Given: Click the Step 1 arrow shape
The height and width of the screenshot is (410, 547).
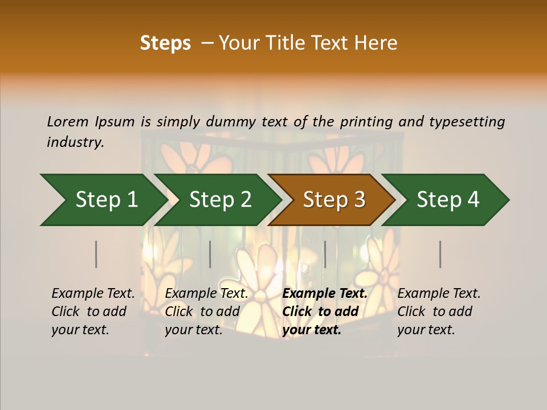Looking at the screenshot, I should (103, 200).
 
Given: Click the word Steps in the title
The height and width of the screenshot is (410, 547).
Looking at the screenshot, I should (165, 43).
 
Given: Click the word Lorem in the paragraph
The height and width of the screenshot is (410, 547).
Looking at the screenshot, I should (68, 122).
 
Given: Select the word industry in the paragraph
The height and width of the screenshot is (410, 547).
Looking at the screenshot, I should (75, 142).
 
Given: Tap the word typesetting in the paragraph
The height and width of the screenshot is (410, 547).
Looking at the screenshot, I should (467, 122).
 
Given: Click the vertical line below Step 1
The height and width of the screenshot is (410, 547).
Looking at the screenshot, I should (96, 254).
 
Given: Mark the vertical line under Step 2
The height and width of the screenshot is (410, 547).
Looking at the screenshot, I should (210, 254).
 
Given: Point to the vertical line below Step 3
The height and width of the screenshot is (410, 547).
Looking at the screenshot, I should (325, 254).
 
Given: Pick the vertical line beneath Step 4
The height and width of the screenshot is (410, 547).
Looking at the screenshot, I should (440, 254).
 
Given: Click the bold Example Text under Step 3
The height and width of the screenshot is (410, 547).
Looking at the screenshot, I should (325, 294).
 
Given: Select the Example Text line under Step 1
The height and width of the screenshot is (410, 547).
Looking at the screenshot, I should (93, 294).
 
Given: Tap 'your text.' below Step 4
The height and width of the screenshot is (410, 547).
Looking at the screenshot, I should (426, 330).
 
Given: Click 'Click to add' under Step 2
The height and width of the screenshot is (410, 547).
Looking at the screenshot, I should (202, 312).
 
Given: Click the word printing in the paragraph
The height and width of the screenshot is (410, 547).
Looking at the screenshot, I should (365, 122).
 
